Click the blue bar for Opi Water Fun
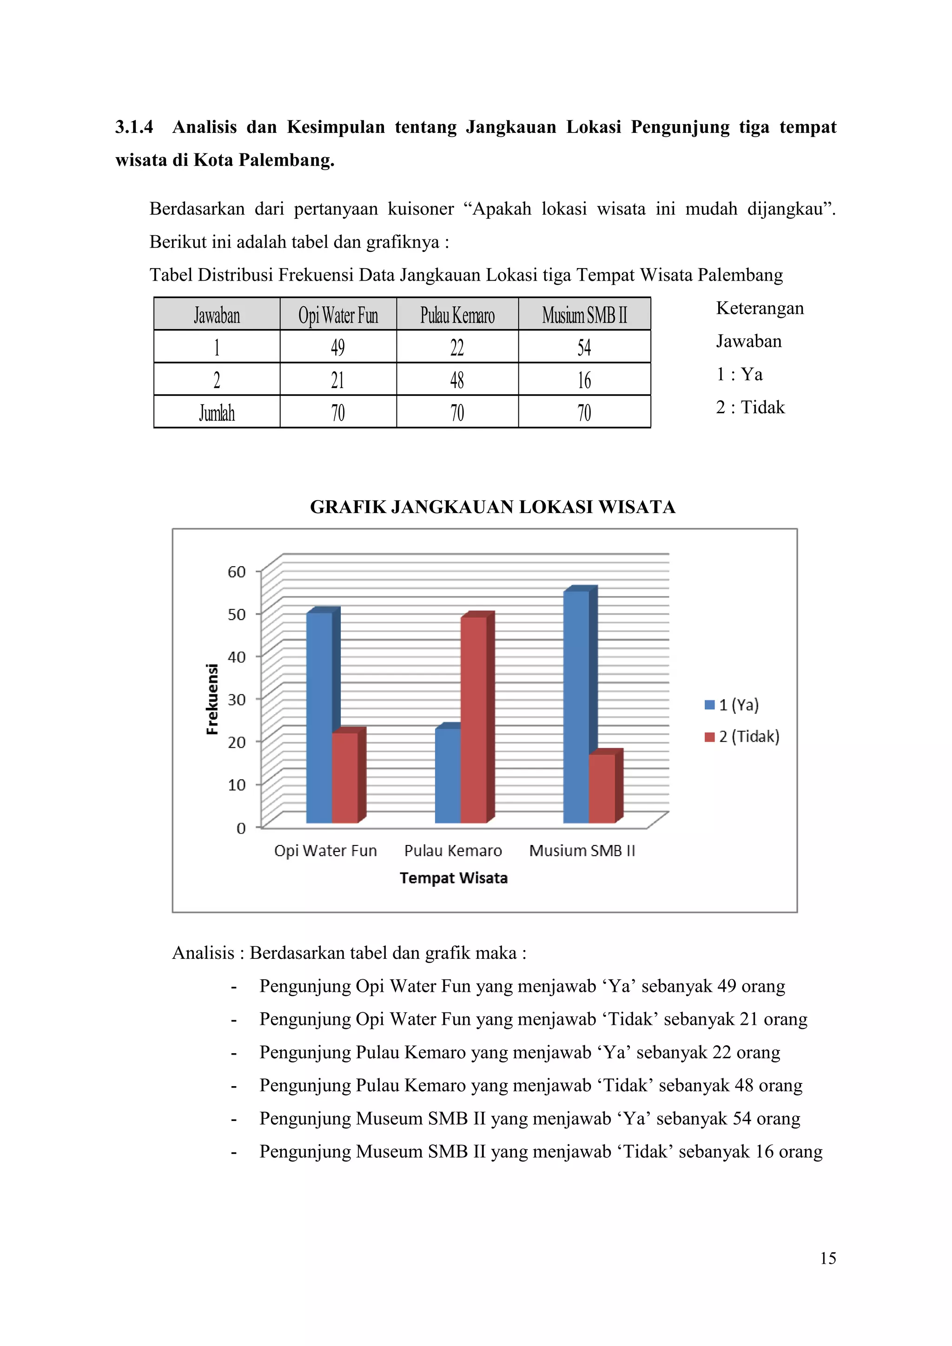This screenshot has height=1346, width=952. click(319, 718)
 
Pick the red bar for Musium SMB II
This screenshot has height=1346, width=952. click(602, 788)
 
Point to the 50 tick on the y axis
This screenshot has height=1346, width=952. click(237, 614)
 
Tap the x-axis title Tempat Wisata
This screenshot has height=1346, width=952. click(453, 878)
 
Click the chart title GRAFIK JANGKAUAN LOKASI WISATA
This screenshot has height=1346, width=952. click(492, 507)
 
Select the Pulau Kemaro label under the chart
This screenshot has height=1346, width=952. click(453, 851)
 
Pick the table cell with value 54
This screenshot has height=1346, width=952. click(584, 347)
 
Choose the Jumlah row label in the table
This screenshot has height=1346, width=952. click(217, 413)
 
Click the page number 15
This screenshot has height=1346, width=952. click(828, 1259)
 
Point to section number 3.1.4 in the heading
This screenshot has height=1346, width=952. click(134, 127)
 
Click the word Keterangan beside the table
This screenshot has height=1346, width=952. click(760, 308)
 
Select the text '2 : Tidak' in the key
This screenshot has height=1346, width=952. click(750, 408)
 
